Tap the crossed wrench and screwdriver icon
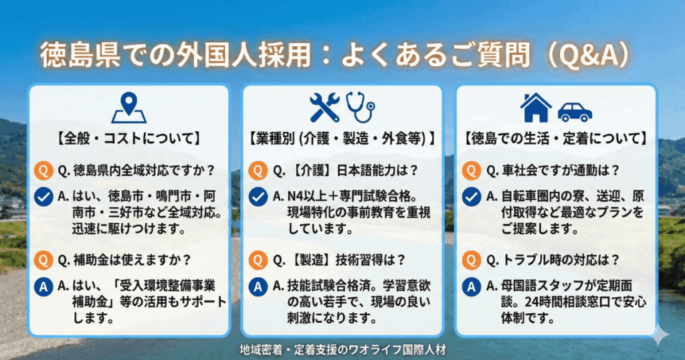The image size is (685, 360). pyautogui.click(x=324, y=107)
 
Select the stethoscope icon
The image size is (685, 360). pyautogui.click(x=361, y=108)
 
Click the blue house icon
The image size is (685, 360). pyautogui.click(x=536, y=108)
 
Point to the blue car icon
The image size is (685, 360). pyautogui.click(x=575, y=112)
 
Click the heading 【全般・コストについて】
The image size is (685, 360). pyautogui.click(x=129, y=139)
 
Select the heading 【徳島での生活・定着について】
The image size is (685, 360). pyautogui.click(x=556, y=139)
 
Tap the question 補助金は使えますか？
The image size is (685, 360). pyautogui.click(x=124, y=260)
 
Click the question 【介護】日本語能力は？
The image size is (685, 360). pyautogui.click(x=346, y=171)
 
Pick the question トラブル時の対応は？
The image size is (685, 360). pyautogui.click(x=553, y=260)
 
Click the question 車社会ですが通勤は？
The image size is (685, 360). pyautogui.click(x=553, y=171)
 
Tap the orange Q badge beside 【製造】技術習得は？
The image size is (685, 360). pyautogui.click(x=258, y=260)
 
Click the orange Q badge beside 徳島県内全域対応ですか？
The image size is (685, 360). pyautogui.click(x=43, y=171)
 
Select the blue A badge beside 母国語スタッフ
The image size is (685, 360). pyautogui.click(x=472, y=287)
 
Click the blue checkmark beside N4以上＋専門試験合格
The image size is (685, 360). pyautogui.click(x=258, y=197)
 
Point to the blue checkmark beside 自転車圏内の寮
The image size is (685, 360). pyautogui.click(x=472, y=197)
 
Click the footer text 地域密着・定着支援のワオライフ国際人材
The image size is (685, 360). pyautogui.click(x=342, y=350)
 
